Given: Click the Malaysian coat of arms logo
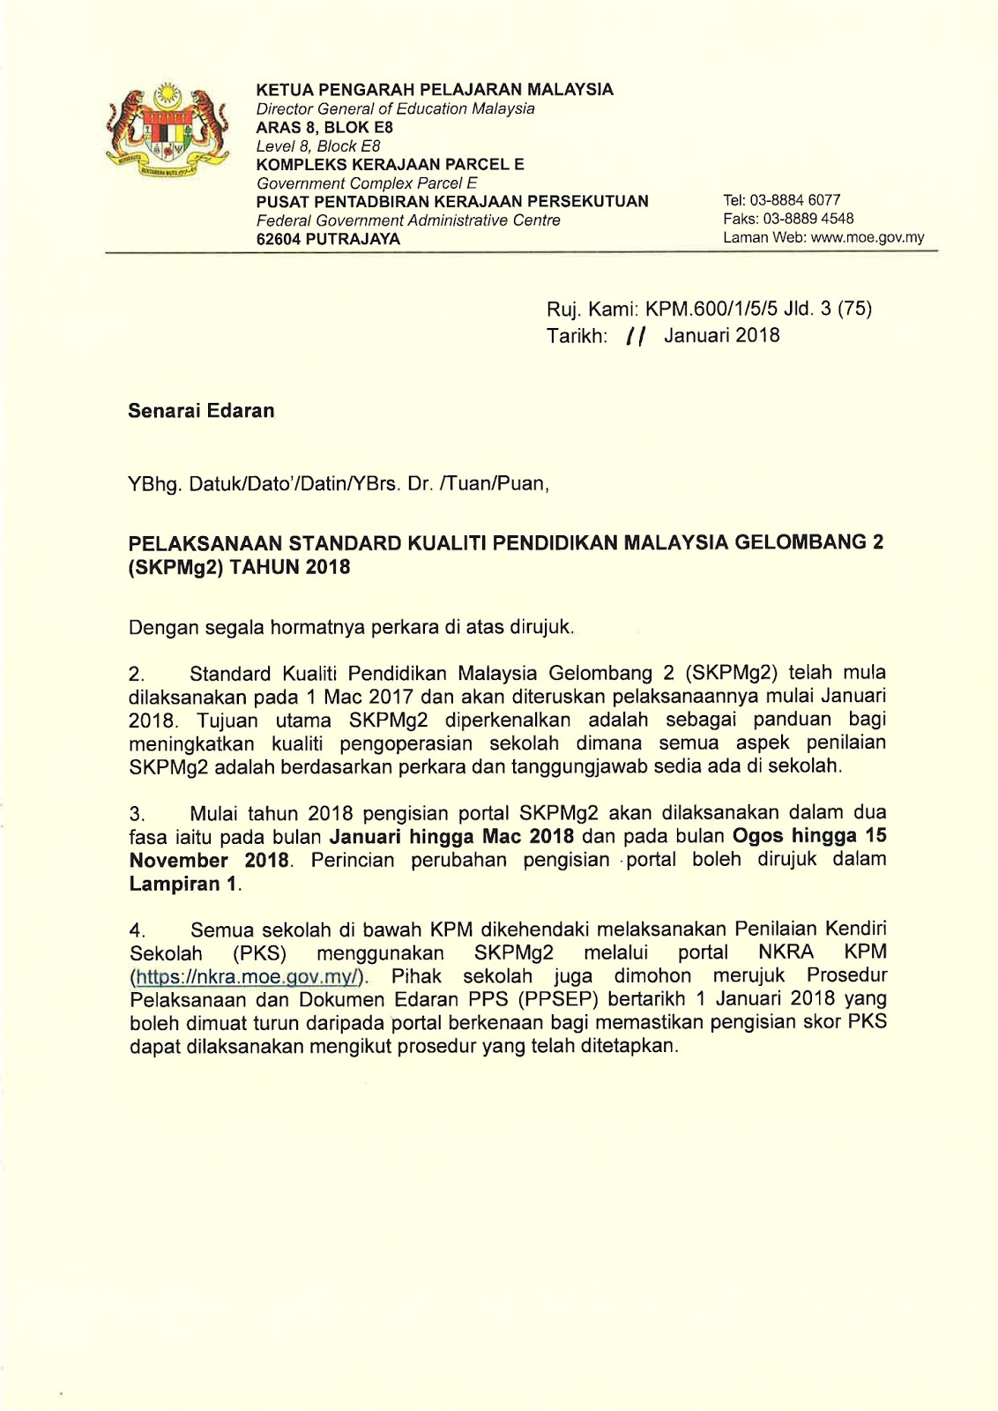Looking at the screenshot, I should coord(167,131).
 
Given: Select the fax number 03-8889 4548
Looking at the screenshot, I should coord(808,219).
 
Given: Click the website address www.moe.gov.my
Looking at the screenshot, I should coord(868,237).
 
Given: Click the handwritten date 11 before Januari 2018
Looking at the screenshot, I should coord(635,336).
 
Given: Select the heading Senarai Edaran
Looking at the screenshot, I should coord(201,411).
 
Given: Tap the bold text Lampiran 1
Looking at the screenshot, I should coord(184,884).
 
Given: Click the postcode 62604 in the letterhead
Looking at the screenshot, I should coord(278,239).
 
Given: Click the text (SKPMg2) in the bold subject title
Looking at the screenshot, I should coord(176,567).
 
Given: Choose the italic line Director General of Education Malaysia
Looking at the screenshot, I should coord(395,108).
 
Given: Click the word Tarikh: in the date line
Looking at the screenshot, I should coord(577,336).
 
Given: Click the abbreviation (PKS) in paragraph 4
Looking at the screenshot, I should coord(260,954).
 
